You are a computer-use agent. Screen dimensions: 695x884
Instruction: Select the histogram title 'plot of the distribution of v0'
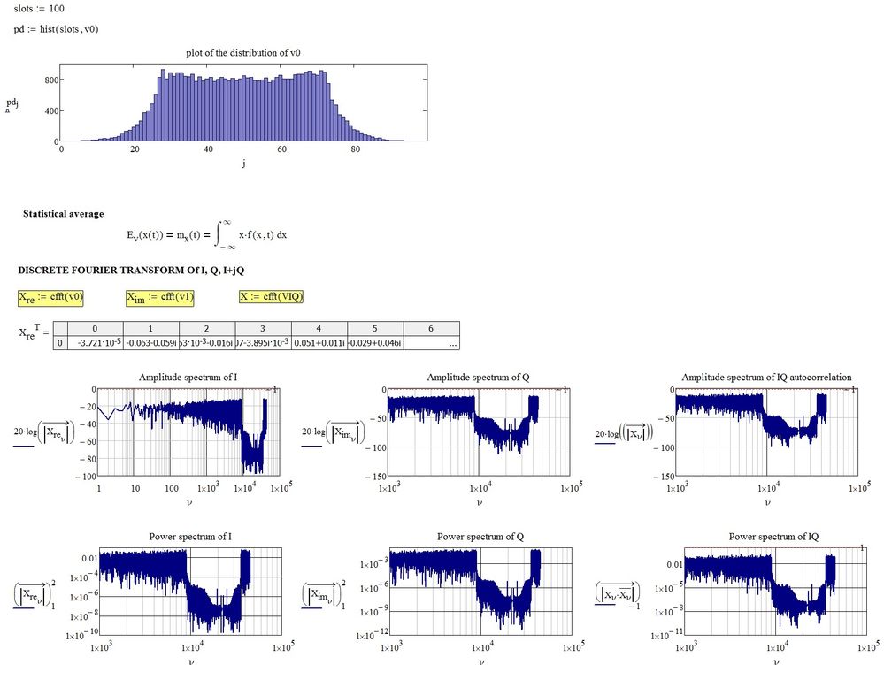tap(243, 53)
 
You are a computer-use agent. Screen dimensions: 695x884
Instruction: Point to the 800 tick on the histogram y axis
tap(50, 80)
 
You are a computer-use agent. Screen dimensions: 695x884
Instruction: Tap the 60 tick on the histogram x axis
tap(282, 149)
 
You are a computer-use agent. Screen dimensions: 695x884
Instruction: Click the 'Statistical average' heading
tap(63, 214)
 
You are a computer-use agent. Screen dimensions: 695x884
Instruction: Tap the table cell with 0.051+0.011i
tap(318, 343)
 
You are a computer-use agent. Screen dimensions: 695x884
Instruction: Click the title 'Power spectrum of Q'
tap(478, 537)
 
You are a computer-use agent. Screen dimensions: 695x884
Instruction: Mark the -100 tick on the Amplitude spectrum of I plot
tap(84, 477)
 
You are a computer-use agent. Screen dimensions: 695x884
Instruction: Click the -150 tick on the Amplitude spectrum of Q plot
tap(375, 477)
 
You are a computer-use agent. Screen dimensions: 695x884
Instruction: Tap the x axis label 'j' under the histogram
tap(242, 163)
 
